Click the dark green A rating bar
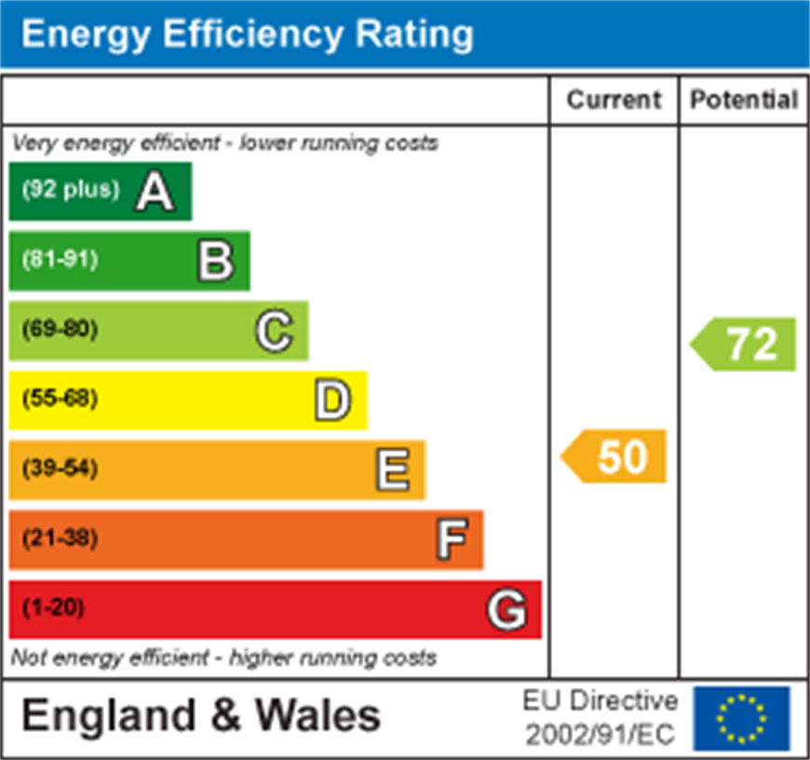tap(101, 191)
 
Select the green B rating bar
tap(129, 261)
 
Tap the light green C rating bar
tap(158, 331)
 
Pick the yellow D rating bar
tap(188, 400)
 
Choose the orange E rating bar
tap(217, 469)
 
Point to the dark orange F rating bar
tap(246, 539)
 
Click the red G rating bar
tap(275, 609)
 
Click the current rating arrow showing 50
tap(614, 456)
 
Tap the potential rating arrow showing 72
tap(745, 345)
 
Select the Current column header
tap(614, 100)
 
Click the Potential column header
tap(744, 100)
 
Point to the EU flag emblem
tap(741, 718)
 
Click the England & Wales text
tap(200, 716)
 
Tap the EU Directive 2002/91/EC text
tap(601, 717)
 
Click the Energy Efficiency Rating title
tap(247, 34)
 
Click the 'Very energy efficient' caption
tap(224, 144)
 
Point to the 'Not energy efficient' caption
tap(223, 658)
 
